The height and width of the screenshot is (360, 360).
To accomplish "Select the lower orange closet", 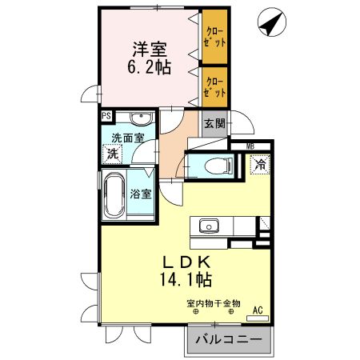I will pos(214,86).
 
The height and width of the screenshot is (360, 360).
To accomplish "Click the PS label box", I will pos(106,115).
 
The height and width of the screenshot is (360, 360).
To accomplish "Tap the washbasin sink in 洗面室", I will pos(141,119).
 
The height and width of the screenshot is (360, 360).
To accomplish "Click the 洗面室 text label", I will pos(127,138).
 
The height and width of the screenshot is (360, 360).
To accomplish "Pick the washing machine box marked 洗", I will pos(114,152).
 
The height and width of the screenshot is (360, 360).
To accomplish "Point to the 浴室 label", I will pos(141,191).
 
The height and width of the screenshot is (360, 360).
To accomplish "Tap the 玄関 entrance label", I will pos(214,124).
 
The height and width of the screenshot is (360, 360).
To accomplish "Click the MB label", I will pos(250,146).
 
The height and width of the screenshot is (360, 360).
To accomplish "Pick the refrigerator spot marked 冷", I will pos(259,165).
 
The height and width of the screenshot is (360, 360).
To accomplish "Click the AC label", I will pos(258,310).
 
